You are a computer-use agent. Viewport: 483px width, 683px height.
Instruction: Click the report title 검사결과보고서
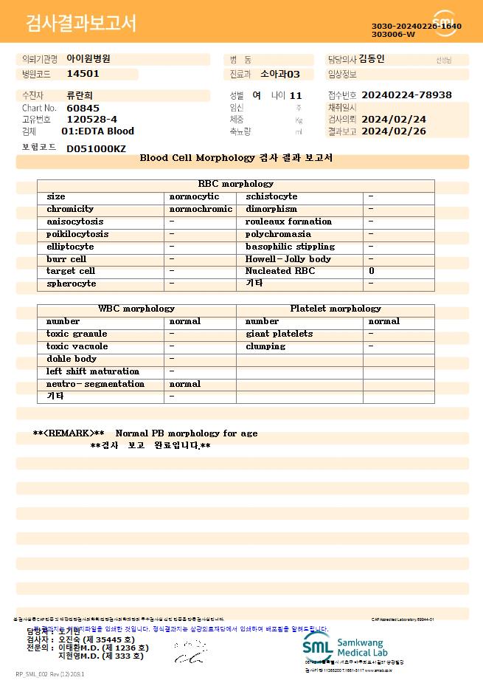tap(81, 24)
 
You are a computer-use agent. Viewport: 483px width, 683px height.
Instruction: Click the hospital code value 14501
tap(83, 74)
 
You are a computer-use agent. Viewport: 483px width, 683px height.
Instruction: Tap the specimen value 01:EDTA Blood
tap(97, 131)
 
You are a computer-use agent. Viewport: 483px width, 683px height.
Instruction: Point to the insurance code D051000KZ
tap(96, 149)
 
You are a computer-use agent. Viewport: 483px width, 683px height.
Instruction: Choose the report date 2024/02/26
tap(395, 131)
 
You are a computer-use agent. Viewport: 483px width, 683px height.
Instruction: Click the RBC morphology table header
tap(236, 184)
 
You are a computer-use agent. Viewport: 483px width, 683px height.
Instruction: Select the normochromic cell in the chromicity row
tap(201, 209)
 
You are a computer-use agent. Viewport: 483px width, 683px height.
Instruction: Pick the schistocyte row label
tap(271, 196)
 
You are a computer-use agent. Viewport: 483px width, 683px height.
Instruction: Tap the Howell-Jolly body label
tap(288, 259)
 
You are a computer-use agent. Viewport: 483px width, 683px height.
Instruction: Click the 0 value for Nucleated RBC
tap(372, 271)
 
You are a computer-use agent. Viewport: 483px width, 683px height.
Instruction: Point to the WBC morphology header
tap(136, 309)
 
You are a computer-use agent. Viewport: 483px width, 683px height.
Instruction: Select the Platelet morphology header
tap(336, 309)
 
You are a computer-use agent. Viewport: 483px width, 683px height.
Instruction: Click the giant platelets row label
tap(279, 334)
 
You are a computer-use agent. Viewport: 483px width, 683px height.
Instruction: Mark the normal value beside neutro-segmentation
tap(185, 384)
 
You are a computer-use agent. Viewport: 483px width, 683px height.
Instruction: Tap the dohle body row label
tap(72, 359)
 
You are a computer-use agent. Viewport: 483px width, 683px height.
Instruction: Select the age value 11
tap(296, 95)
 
